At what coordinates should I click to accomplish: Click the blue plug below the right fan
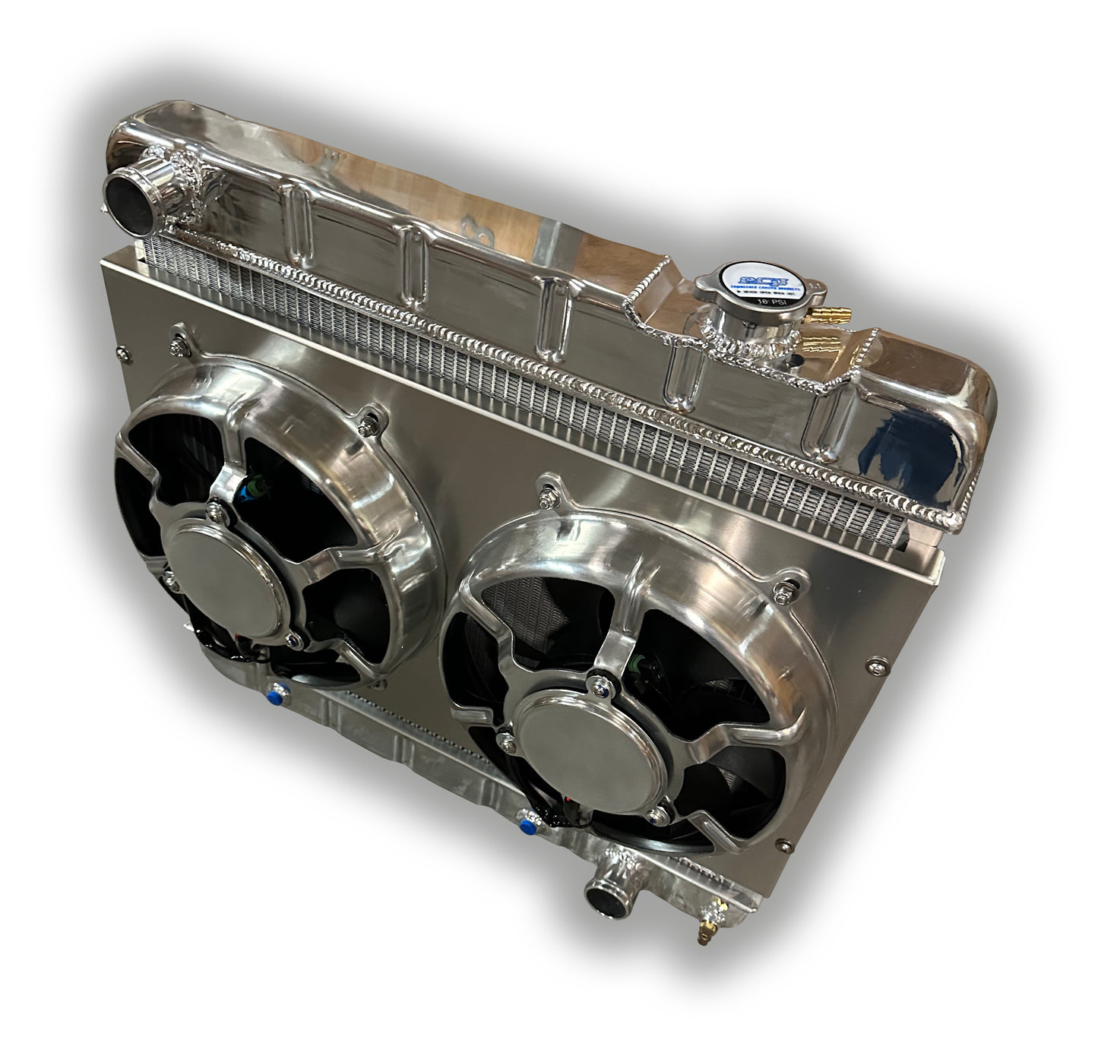tap(524, 820)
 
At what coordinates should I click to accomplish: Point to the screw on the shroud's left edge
tap(119, 352)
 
